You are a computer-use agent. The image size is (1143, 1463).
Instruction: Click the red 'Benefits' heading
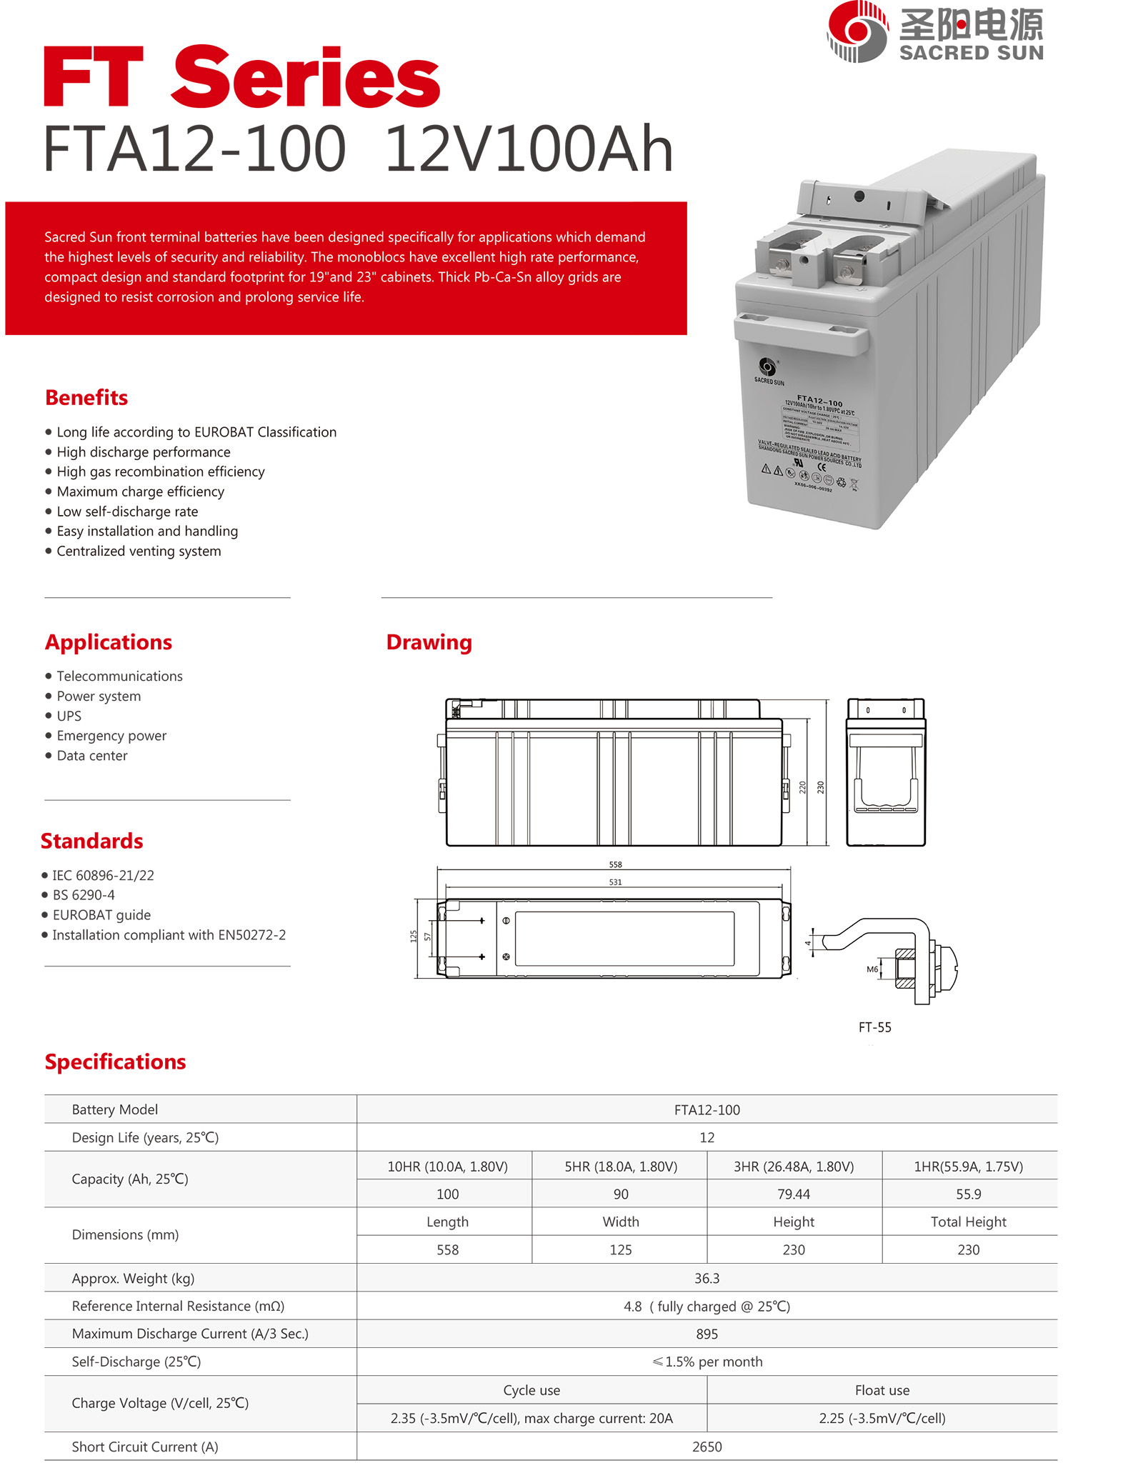(86, 398)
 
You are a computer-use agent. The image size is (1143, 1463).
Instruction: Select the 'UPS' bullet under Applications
(69, 716)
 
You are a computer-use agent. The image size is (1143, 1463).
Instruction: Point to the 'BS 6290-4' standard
(84, 895)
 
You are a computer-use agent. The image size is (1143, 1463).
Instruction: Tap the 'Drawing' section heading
(429, 642)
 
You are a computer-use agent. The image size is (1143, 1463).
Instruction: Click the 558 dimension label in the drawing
(615, 864)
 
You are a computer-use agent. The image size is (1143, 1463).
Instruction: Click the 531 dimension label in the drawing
(615, 882)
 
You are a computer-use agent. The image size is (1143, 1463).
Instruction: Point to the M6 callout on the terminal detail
(872, 969)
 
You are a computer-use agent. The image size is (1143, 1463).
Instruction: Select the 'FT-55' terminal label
(874, 1027)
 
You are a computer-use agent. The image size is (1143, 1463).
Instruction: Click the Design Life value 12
(707, 1137)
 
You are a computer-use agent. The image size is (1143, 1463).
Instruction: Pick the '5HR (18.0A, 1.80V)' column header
(621, 1167)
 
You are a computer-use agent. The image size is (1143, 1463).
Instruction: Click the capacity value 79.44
(793, 1194)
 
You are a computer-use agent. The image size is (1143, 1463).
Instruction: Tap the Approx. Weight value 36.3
(707, 1278)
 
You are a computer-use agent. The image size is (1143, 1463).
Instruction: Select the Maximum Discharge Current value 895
(707, 1334)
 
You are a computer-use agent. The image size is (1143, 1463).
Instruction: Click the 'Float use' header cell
(882, 1390)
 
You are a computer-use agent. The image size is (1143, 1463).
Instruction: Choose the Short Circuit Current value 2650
(707, 1447)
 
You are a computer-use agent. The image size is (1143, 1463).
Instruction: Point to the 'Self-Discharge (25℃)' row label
(136, 1362)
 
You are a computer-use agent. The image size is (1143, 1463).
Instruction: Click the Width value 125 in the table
(621, 1250)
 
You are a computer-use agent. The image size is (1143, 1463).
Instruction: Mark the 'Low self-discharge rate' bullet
(127, 511)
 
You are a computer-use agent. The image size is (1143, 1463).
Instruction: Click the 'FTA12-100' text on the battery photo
(819, 401)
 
